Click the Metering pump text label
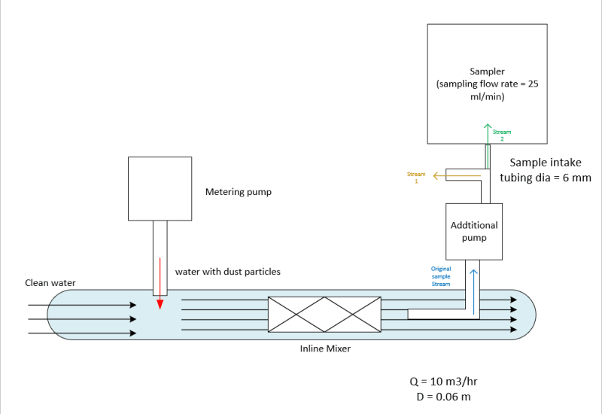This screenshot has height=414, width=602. (x=238, y=192)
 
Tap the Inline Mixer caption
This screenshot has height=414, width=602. (x=320, y=349)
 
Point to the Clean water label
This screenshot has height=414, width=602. (x=50, y=283)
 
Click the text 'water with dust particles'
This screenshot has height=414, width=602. (x=227, y=271)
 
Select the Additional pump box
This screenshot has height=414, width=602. (x=474, y=231)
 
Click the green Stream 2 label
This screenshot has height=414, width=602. (x=502, y=135)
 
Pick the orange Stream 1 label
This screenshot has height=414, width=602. (x=416, y=178)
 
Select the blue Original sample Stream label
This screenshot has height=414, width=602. (x=441, y=276)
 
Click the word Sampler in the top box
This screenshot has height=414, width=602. (x=487, y=72)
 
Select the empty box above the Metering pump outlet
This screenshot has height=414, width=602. (x=160, y=187)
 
